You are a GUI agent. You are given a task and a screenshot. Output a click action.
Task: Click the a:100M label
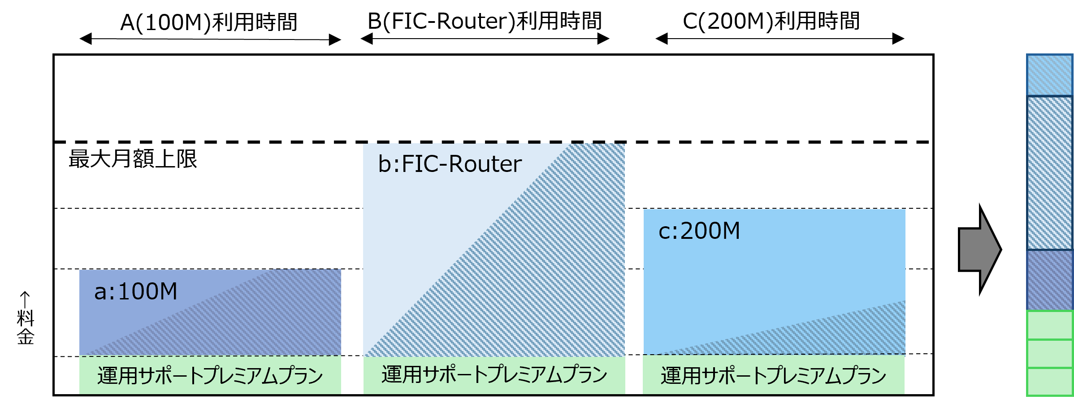(x=135, y=291)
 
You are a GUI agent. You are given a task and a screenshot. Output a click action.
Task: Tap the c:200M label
(x=699, y=231)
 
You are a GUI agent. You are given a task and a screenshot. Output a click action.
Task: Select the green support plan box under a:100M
(x=210, y=375)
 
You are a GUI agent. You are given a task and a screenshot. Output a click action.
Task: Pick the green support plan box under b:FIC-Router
(x=494, y=374)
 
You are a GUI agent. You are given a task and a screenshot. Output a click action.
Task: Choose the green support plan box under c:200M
(x=773, y=375)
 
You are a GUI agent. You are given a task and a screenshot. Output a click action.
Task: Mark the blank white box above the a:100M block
(x=216, y=244)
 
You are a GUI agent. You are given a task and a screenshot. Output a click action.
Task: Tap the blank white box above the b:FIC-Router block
(x=498, y=110)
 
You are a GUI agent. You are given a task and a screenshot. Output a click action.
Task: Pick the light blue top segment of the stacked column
(x=1049, y=75)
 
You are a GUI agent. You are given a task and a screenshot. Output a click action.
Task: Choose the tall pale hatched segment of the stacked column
(x=1049, y=173)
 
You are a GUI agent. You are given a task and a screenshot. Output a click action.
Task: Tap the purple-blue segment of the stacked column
(x=1049, y=280)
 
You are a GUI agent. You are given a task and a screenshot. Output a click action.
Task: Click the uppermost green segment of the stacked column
(x=1049, y=325)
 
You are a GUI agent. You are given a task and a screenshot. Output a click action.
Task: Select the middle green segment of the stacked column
(x=1049, y=354)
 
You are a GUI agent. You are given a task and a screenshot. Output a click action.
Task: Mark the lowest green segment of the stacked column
(x=1049, y=382)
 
